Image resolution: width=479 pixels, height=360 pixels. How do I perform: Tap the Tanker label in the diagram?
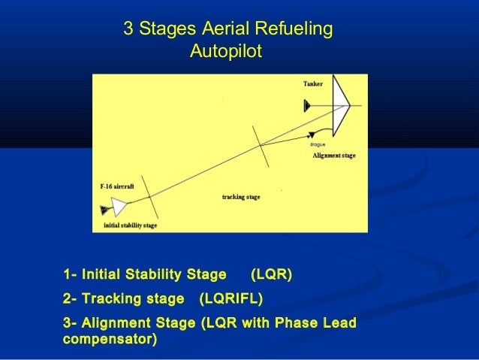313,84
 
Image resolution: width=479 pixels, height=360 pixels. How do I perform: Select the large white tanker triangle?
340,104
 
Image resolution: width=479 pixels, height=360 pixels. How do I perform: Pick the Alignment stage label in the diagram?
333,156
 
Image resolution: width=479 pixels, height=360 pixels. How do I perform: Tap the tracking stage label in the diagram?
241,196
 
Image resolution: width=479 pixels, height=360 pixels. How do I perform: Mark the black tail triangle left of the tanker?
306,106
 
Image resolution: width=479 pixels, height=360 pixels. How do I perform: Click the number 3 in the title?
128,31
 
